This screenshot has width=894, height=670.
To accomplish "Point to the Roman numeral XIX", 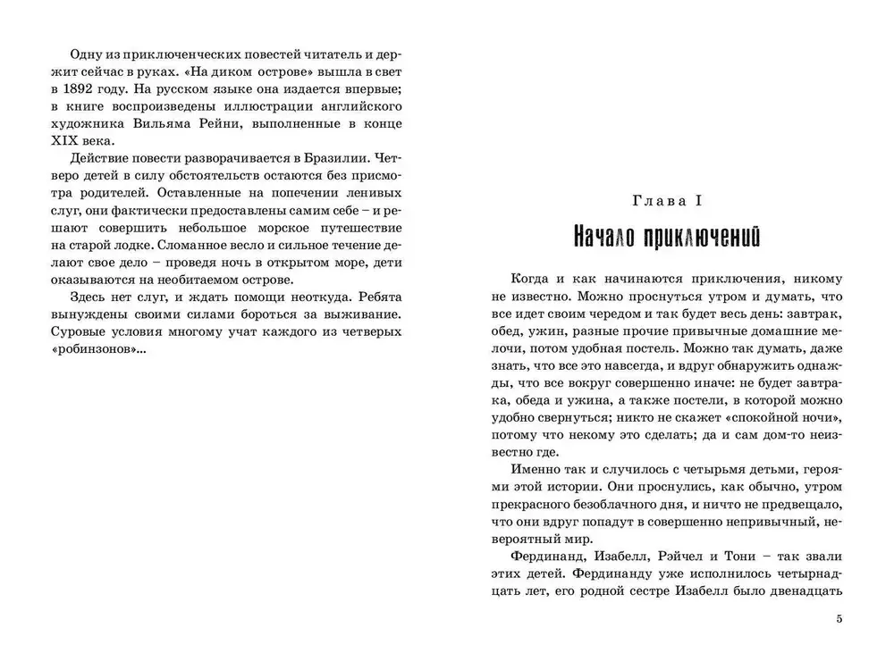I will click(72, 139).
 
